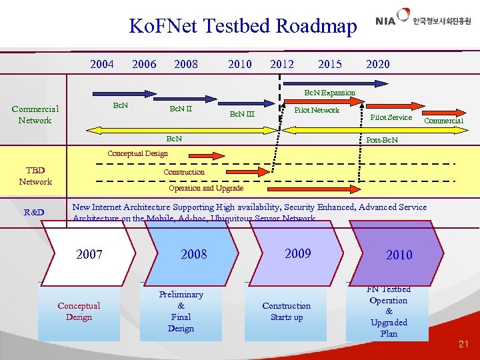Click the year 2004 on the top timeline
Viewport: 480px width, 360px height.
click(x=101, y=64)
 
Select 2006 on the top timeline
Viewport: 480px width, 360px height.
click(x=144, y=64)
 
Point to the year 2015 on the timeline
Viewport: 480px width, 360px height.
click(x=330, y=64)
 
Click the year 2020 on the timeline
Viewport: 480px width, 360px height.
click(x=378, y=64)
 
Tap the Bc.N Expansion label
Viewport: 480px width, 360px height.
click(x=329, y=92)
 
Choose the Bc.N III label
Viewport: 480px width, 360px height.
click(x=242, y=114)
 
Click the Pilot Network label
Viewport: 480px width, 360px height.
click(x=317, y=110)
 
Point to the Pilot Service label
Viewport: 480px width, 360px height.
click(x=391, y=117)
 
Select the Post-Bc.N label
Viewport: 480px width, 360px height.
click(x=382, y=140)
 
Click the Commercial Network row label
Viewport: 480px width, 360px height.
click(x=35, y=115)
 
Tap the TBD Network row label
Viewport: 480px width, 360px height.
click(x=35, y=176)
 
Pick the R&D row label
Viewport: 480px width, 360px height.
click(x=34, y=213)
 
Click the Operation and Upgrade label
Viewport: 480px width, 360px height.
click(x=205, y=188)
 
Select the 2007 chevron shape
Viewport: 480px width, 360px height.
click(x=89, y=254)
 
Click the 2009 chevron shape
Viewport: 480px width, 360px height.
click(x=297, y=253)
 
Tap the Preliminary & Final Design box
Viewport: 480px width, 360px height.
click(x=181, y=311)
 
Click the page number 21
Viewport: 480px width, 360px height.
click(x=463, y=344)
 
